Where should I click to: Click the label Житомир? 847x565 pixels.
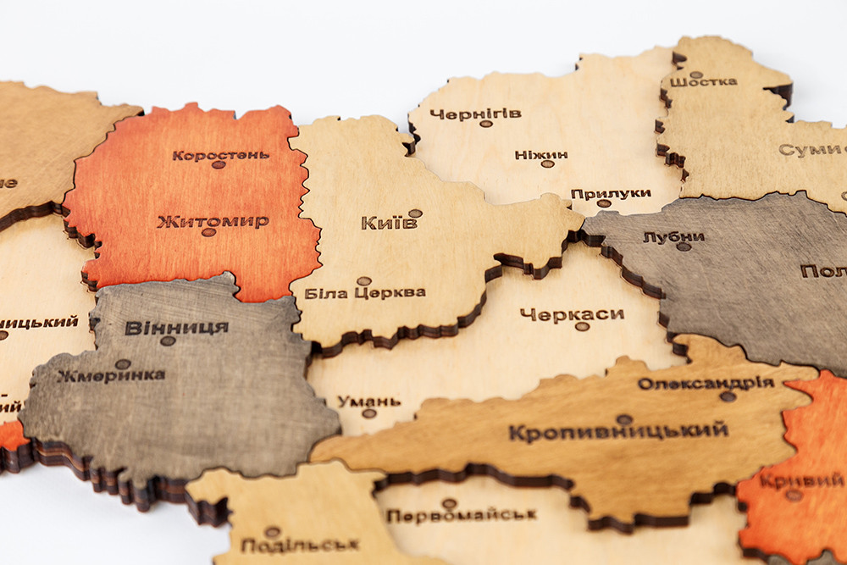click(x=213, y=221)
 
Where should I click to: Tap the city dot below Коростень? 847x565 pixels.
click(x=218, y=165)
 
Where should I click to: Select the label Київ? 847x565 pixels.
click(x=389, y=223)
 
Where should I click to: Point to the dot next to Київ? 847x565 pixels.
click(x=415, y=213)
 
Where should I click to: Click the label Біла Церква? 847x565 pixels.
click(x=364, y=293)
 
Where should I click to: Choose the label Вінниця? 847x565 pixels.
click(x=176, y=327)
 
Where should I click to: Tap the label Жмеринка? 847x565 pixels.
click(x=111, y=375)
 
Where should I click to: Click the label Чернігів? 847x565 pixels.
click(x=475, y=113)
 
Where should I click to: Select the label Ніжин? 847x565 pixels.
click(x=540, y=155)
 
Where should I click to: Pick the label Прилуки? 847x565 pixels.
click(x=610, y=193)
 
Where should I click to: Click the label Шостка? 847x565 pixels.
click(x=703, y=82)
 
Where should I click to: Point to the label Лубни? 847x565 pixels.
click(x=673, y=236)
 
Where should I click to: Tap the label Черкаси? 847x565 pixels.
click(x=572, y=314)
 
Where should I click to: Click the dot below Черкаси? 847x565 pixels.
click(x=581, y=326)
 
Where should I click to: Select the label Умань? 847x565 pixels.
click(x=369, y=401)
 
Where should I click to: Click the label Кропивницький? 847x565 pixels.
click(x=618, y=430)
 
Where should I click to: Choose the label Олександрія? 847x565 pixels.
click(x=706, y=383)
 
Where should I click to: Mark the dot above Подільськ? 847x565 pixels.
click(x=272, y=532)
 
